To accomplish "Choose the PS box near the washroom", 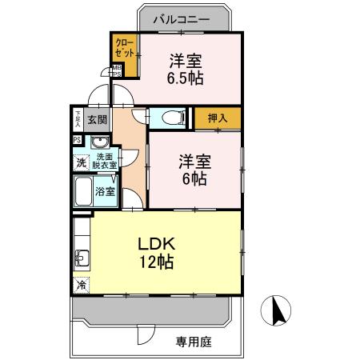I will pos(77,140).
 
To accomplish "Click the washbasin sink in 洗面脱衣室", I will pos(100,144).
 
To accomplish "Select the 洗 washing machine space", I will pos(80,162).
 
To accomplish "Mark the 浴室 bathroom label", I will pos(105,192).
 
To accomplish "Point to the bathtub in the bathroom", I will pos(82,191).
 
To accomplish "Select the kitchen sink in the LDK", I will pos(81,258).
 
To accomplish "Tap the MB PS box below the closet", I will pos(116,70).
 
